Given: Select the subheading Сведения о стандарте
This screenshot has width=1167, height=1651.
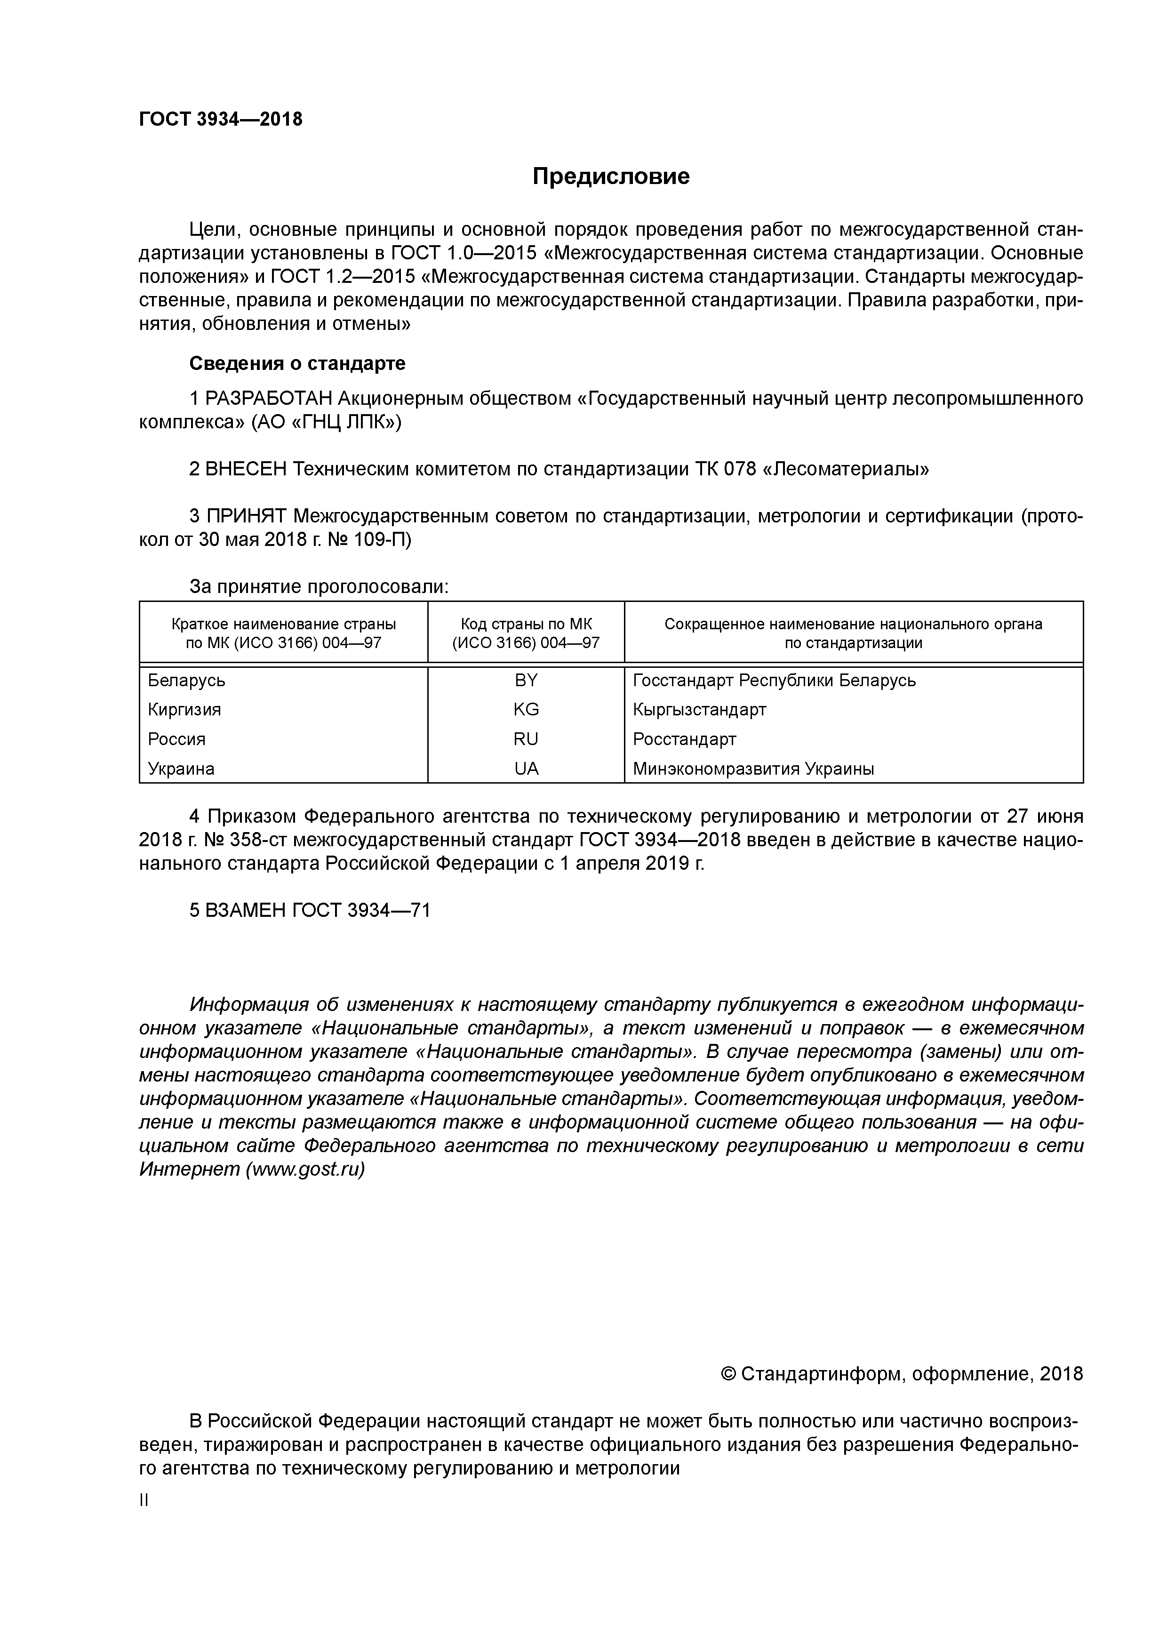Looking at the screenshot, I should pyautogui.click(x=297, y=363).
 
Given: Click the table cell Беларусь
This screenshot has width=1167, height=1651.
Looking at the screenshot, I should pyautogui.click(x=186, y=680).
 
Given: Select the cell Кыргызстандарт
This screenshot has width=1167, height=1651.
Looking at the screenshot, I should pyautogui.click(x=700, y=710).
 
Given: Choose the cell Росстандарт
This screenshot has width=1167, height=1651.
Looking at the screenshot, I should pyautogui.click(x=685, y=739).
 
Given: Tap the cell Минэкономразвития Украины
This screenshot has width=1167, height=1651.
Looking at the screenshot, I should pyautogui.click(x=753, y=769).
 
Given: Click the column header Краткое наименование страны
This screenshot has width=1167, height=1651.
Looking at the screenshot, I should pyautogui.click(x=283, y=624).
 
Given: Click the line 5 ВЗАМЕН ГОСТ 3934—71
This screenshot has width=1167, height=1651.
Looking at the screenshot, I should pyautogui.click(x=310, y=910).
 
